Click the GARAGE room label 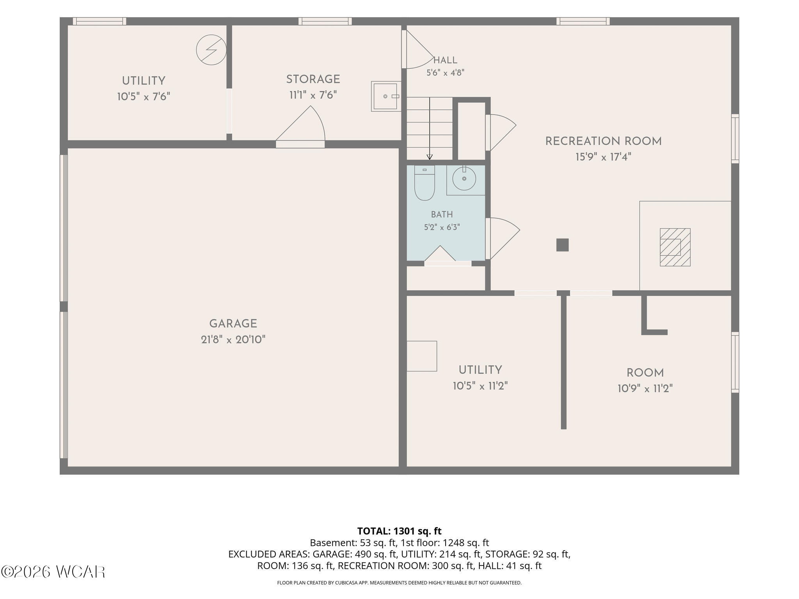[233, 324]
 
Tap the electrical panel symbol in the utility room [211, 50]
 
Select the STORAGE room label [313, 79]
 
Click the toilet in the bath [424, 183]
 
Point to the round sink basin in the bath [464, 179]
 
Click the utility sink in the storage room [386, 96]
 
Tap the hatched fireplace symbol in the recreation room [675, 247]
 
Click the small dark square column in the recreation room [562, 245]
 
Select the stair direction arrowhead [430, 157]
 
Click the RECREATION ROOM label [603, 141]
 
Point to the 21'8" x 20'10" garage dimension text [233, 340]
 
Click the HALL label [445, 60]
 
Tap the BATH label [442, 214]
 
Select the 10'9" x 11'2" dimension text [645, 389]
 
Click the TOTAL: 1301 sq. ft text [399, 531]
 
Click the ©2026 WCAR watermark [53, 572]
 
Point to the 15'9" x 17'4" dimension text [603, 157]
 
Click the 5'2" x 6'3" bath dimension [442, 227]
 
